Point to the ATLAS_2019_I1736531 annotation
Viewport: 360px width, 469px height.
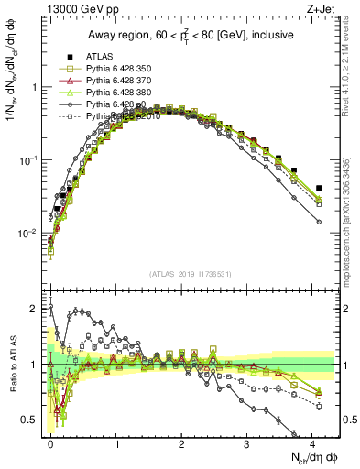pyautogui.click(x=191, y=275)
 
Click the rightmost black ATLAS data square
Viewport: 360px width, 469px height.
pyautogui.click(x=319, y=189)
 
